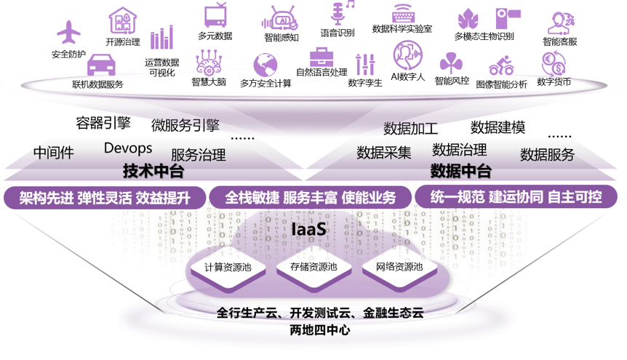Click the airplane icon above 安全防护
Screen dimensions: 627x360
pos(70,33)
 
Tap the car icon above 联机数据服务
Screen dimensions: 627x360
pos(101,66)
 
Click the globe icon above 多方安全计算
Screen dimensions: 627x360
pos(265,64)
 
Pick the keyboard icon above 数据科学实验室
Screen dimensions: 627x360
pos(402,13)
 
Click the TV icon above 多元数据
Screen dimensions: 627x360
pos(215,16)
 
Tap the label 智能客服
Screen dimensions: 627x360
pos(559,42)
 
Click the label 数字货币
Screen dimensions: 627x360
pos(554,82)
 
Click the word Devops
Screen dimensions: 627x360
pos(128,148)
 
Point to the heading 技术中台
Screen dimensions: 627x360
pos(153,172)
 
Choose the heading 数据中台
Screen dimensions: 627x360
pos(460,172)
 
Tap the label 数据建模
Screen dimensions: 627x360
pos(498,128)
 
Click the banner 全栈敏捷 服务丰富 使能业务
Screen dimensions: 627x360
pos(311,198)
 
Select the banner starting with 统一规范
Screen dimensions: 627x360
pos(516,198)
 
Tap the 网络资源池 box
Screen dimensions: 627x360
pos(399,267)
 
